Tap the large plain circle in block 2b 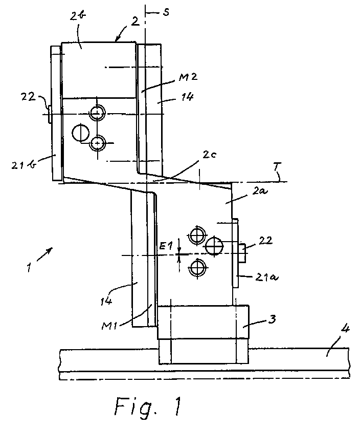tap(81, 133)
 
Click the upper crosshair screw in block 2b tap(97, 112)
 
